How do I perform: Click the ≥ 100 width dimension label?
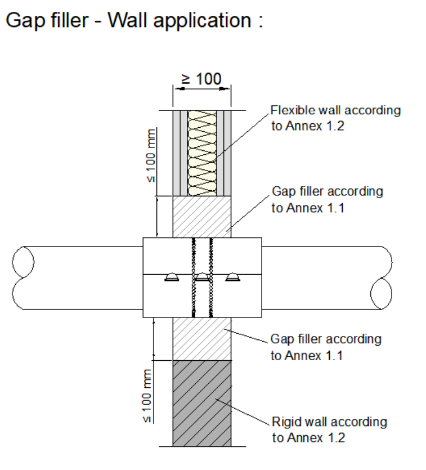pos(201,79)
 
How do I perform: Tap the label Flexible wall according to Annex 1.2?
pos(335,118)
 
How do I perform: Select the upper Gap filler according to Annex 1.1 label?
pos(328,199)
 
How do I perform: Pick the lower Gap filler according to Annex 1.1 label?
pos(326,347)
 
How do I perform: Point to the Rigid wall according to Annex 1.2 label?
pos(330,429)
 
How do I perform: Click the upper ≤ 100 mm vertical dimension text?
pos(151,155)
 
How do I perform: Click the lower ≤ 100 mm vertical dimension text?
pos(147,396)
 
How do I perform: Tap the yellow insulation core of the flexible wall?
pos(202,153)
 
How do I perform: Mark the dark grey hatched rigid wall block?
pos(202,404)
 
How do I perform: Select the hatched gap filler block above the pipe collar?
pos(202,217)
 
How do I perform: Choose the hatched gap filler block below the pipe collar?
pos(202,339)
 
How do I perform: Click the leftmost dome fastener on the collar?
pos(172,277)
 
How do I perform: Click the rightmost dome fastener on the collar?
pos(233,277)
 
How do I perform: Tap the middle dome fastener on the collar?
pos(202,277)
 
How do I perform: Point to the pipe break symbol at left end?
pos(23,278)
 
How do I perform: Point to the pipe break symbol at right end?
pos(382,278)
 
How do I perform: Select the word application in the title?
pos(202,21)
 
